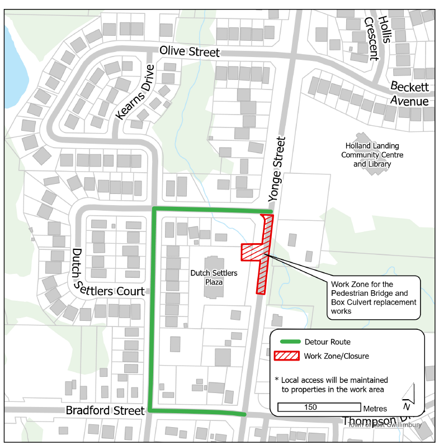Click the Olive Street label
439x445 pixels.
[190, 51]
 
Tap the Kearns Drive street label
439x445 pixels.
[135, 93]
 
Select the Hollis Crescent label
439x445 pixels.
[377, 37]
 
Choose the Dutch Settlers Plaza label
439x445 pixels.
[214, 278]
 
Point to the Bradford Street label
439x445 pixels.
[105, 410]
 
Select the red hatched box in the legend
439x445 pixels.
[286, 356]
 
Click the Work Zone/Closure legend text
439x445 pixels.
[336, 356]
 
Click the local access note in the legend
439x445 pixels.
[334, 384]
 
